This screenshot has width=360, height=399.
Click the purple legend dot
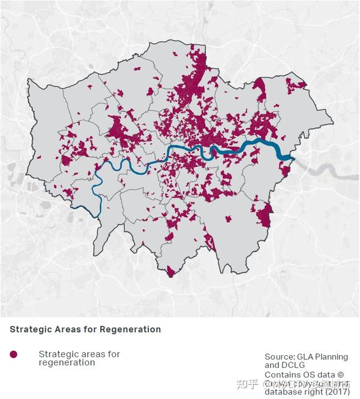[14, 355]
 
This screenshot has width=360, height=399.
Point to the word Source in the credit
[280, 356]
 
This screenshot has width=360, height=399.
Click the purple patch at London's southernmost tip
[171, 272]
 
